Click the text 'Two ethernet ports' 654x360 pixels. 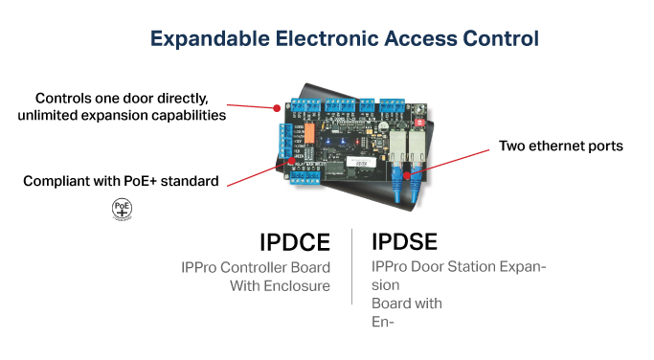coord(561,146)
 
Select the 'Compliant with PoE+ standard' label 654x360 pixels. coord(121,180)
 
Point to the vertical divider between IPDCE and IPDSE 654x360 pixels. coord(351,264)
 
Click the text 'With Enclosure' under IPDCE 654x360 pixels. coord(280,285)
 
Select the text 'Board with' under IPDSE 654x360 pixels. coord(406,304)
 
